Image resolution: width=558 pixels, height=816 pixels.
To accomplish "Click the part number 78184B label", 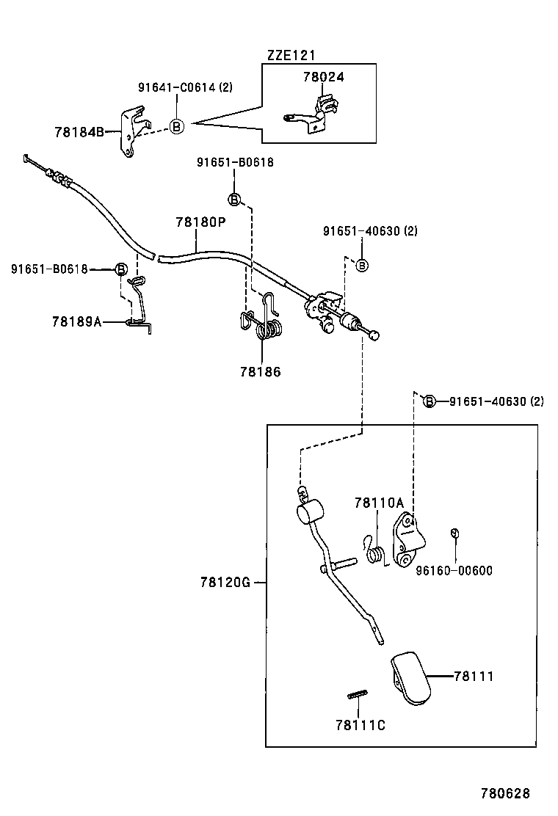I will (78, 132).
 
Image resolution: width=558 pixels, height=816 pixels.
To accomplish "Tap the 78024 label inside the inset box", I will (323, 76).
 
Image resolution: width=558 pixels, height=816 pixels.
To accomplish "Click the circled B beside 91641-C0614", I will (176, 126).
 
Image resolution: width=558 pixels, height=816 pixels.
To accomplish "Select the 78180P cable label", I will (200, 221).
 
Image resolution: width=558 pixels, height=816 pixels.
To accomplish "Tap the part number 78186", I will (260, 371).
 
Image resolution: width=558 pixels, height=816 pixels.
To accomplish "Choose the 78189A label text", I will (76, 321).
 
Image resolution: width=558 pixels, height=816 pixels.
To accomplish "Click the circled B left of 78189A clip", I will (122, 269).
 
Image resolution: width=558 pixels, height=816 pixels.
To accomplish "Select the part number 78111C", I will (360, 725).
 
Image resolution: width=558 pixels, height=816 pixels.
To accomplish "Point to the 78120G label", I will (225, 583).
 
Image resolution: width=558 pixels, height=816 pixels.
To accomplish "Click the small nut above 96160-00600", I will (454, 533).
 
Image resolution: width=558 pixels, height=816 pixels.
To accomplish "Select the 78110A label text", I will (379, 503).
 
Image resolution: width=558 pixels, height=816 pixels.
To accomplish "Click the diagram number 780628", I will (505, 793).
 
